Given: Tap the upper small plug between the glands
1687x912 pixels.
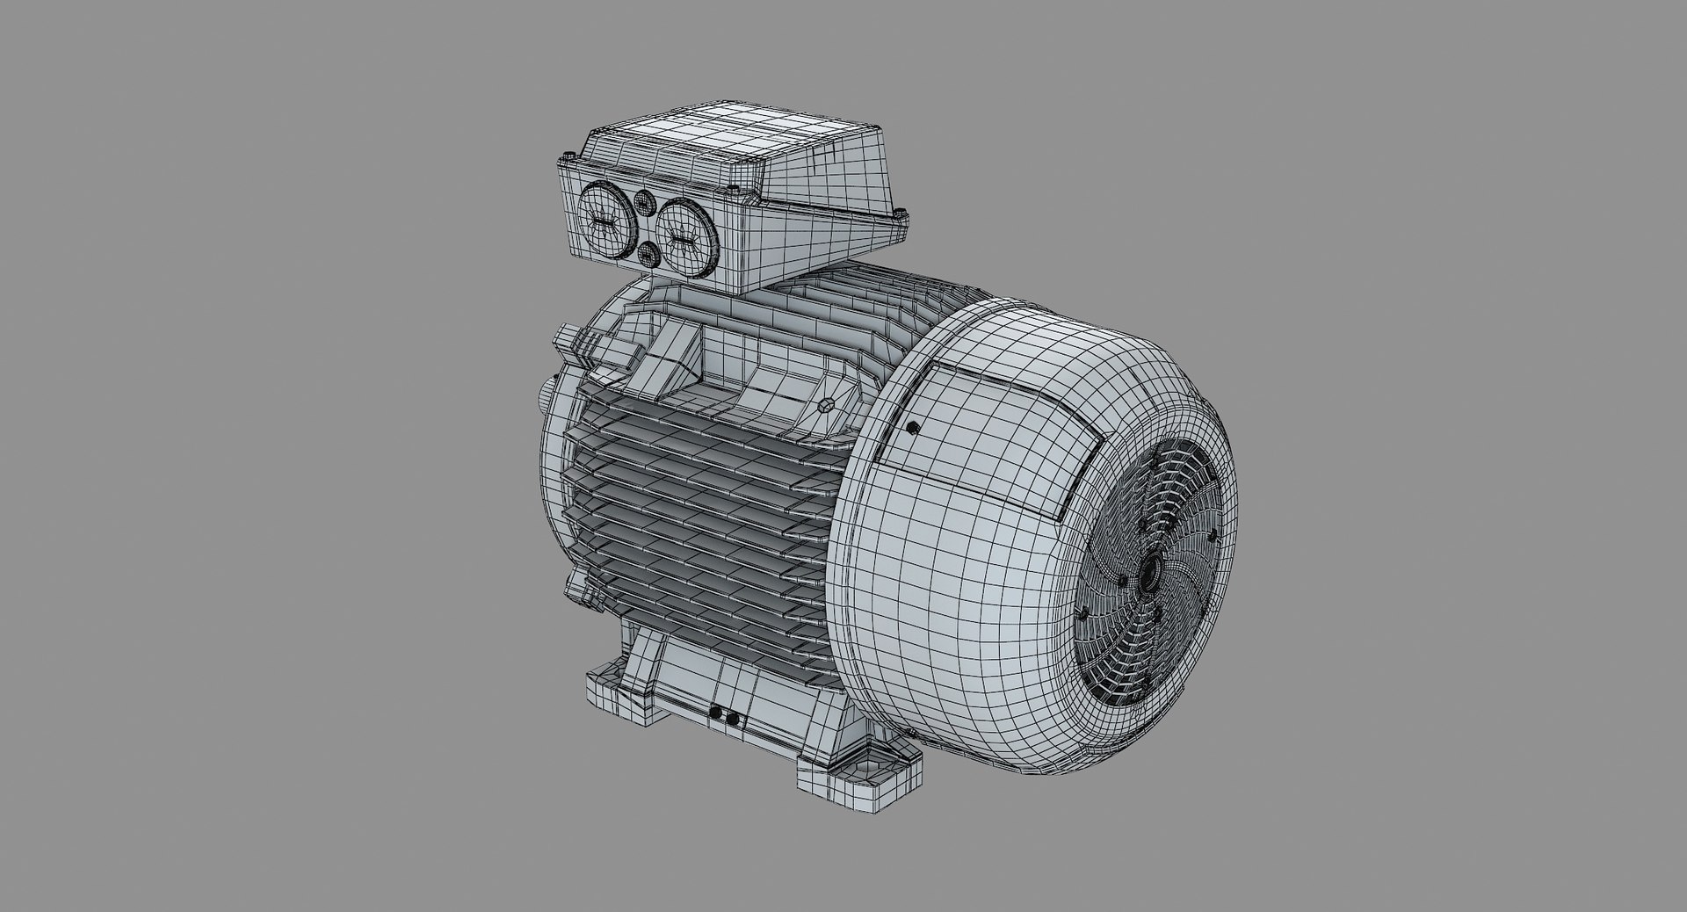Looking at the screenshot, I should pos(645,202).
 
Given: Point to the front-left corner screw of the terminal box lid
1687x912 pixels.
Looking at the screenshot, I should pos(566,159).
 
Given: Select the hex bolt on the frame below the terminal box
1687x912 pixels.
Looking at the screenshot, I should pos(825,406).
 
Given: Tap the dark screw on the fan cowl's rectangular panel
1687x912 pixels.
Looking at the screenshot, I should pos(913,428).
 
